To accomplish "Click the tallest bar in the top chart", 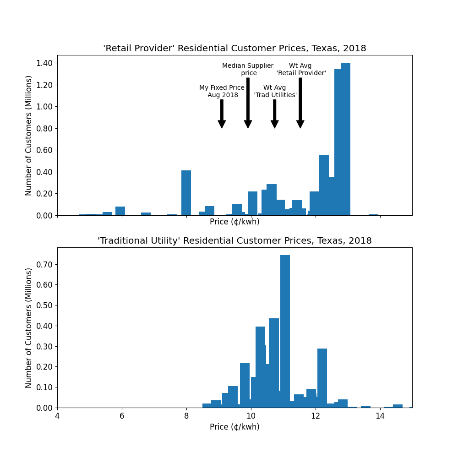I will (345, 137).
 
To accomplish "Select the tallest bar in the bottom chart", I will (285, 330).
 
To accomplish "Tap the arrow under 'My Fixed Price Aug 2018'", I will (222, 114).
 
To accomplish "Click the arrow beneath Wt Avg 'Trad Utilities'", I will (275, 114).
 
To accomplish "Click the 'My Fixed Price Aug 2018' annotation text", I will (222, 91).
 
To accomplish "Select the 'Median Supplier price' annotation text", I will (248, 69).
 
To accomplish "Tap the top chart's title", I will (234, 49).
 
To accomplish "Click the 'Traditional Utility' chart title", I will (234, 241).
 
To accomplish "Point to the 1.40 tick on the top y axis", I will (45, 63).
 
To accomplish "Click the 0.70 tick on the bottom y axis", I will (45, 264).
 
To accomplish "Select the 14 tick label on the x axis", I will (380, 416).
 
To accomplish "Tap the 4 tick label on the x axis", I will (57, 416).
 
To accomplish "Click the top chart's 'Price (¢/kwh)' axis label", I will (234, 222).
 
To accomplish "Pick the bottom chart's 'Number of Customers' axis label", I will (29, 327).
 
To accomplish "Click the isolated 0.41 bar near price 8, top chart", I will (186, 192).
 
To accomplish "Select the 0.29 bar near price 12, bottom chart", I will (322, 378).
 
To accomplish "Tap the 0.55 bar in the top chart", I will (324, 185).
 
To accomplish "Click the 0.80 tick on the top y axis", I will (45, 128).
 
